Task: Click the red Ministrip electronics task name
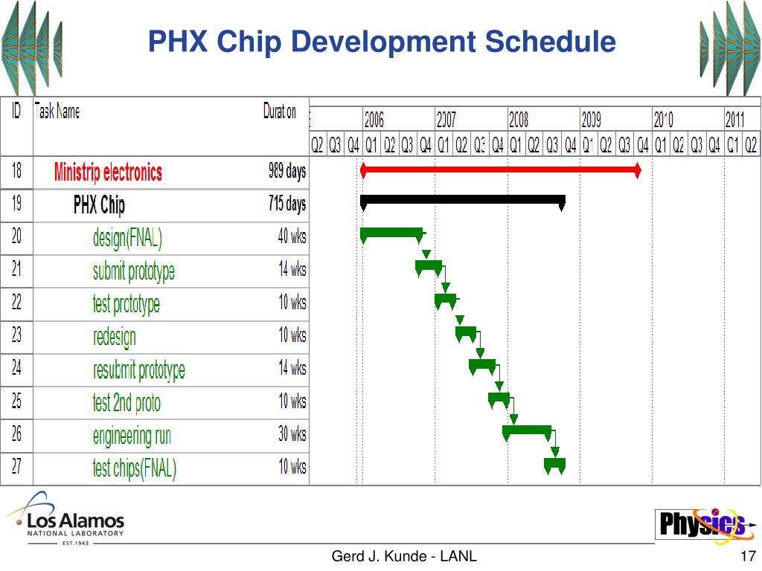108,172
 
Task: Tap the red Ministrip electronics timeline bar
499,171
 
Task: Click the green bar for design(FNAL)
391,233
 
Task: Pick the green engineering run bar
527,430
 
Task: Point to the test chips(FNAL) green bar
554,464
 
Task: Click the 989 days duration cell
286,172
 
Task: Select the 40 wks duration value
292,237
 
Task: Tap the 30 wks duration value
292,433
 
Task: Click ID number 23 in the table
16,335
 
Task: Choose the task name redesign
115,336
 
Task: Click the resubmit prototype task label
138,370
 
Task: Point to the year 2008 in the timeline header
519,119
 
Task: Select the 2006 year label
374,119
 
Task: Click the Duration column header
280,112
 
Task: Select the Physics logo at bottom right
699,524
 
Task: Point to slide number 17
749,557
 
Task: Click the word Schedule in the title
551,42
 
